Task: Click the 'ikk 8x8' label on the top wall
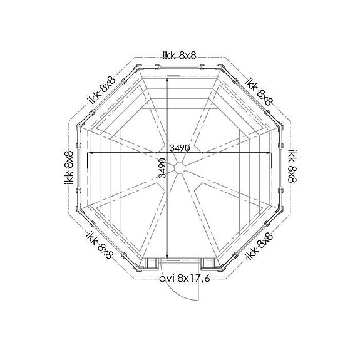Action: pyautogui.click(x=180, y=56)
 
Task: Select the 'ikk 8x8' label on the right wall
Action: pyautogui.click(x=292, y=165)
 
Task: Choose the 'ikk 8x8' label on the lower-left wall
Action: pyautogui.click(x=100, y=245)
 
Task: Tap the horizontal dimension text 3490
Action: pyautogui.click(x=180, y=148)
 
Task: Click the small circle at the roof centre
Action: pyautogui.click(x=180, y=168)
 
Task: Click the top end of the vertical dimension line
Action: pyautogui.click(x=167, y=77)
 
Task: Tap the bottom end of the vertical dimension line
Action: pyautogui.click(x=167, y=258)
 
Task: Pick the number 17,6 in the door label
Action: pyautogui.click(x=198, y=279)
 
